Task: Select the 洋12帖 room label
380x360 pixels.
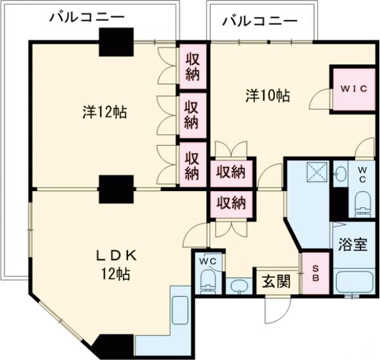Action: click(104, 113)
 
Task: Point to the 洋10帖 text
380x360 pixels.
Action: click(268, 96)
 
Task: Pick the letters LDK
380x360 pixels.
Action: click(117, 256)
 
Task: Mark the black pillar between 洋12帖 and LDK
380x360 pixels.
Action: click(115, 188)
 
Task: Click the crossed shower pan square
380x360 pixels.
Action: click(315, 171)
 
